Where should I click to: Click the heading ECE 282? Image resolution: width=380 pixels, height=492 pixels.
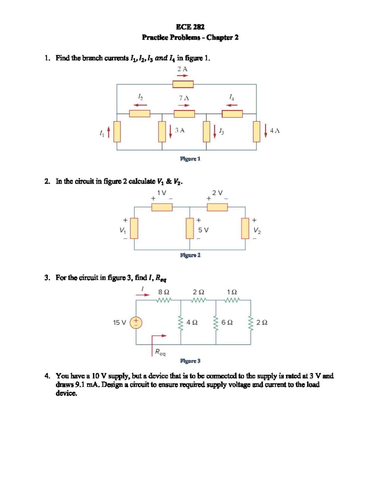click(x=190, y=27)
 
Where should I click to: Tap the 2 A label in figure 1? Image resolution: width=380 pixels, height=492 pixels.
click(x=182, y=69)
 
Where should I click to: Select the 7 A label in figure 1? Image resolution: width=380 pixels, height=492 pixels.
click(x=184, y=98)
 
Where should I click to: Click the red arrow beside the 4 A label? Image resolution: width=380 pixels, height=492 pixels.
click(x=266, y=131)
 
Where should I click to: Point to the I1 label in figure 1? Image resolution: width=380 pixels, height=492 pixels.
click(x=101, y=134)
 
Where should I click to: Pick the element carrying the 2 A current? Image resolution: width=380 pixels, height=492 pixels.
click(x=183, y=84)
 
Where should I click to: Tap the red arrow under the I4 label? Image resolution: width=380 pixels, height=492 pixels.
click(x=232, y=105)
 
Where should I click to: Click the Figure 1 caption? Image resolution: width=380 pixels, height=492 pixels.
click(x=190, y=159)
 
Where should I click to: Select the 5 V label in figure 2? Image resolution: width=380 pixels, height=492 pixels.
click(x=203, y=230)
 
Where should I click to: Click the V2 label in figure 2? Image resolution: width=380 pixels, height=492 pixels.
click(x=257, y=231)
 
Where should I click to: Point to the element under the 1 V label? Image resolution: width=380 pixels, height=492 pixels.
click(x=162, y=207)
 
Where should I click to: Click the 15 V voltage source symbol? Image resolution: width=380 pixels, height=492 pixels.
click(x=136, y=323)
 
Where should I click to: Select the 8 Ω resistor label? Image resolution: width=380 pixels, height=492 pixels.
click(x=164, y=292)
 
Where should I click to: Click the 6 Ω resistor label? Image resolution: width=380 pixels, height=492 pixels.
click(x=227, y=323)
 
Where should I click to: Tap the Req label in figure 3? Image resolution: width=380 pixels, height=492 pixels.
click(x=160, y=352)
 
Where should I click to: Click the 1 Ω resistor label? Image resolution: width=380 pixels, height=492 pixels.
click(x=232, y=292)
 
